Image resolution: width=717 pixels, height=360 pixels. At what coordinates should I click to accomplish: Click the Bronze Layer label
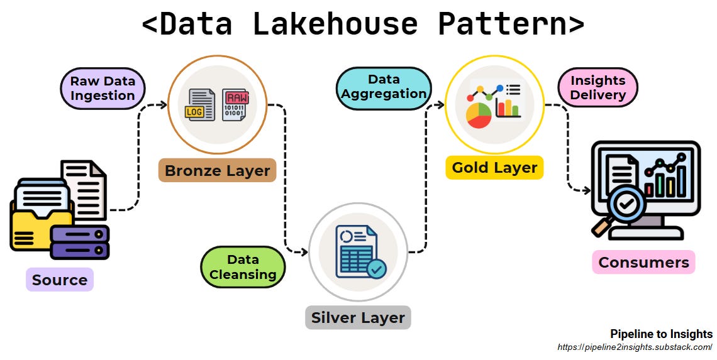(217, 170)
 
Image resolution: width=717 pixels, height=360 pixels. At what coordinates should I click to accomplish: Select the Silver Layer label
(358, 317)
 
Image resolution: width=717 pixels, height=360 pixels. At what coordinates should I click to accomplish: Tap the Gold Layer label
(494, 168)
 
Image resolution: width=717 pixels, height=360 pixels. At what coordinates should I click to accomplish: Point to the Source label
(60, 280)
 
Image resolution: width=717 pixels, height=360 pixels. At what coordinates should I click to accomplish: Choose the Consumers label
(643, 262)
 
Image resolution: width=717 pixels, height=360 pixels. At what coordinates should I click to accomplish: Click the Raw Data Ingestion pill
(103, 89)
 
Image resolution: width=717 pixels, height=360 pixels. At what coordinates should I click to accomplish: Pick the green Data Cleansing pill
(243, 267)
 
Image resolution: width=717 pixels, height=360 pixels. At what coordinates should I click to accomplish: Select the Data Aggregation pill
(384, 87)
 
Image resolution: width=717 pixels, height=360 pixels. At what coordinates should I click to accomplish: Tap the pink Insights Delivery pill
(597, 87)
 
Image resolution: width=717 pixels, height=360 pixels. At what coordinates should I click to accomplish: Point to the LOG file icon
(201, 105)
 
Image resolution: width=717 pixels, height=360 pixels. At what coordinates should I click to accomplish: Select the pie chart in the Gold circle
(479, 116)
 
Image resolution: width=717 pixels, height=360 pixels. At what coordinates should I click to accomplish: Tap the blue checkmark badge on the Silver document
(376, 270)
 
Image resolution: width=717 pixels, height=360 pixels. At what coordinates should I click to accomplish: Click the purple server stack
(80, 242)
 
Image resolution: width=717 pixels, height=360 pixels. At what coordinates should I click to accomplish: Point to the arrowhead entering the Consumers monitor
(587, 190)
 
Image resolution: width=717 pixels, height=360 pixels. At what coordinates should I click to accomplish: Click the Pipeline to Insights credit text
(661, 334)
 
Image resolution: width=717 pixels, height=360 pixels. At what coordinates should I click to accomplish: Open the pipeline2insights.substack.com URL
(635, 347)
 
